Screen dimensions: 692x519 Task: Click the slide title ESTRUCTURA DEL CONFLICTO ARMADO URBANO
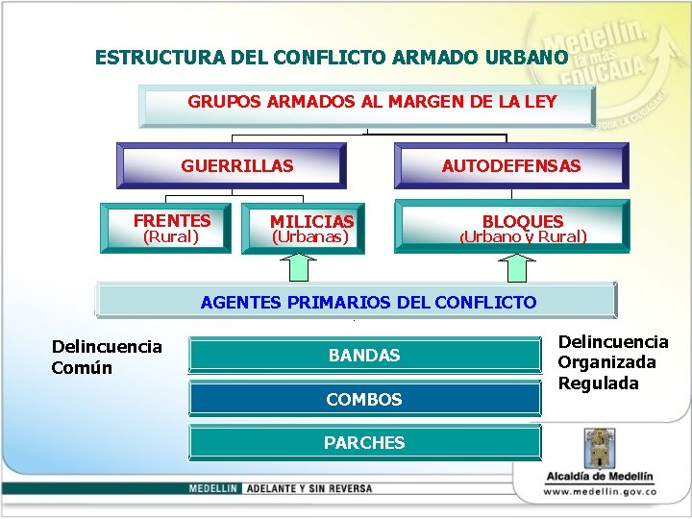tap(332, 58)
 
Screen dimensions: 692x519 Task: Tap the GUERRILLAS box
tap(232, 165)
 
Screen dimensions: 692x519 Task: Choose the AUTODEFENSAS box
tap(511, 165)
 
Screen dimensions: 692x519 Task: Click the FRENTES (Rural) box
tap(170, 227)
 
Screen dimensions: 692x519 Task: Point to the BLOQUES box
tap(522, 221)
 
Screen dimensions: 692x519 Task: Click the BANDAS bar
tap(364, 355)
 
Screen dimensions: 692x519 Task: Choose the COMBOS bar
tap(364, 399)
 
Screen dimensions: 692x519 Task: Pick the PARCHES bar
tap(364, 442)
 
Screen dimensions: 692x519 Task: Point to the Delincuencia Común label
tap(106, 357)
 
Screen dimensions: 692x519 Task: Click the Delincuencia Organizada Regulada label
tap(612, 362)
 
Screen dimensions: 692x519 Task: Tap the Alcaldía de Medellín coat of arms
tap(597, 448)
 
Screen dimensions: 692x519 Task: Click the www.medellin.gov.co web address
tap(599, 491)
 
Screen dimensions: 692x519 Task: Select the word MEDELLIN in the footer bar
tap(213, 488)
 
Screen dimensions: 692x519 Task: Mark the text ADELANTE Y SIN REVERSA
tap(309, 488)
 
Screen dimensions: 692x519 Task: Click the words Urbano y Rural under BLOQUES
tap(523, 236)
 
